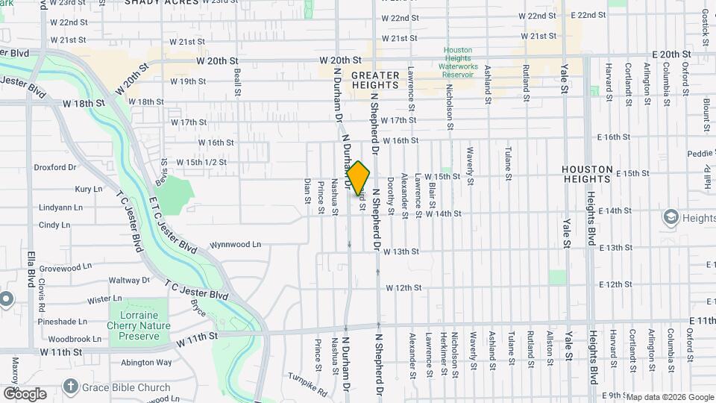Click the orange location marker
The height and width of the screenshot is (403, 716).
[359, 178]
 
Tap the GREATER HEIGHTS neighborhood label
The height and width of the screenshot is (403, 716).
[375, 81]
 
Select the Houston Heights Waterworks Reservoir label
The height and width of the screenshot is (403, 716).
[458, 63]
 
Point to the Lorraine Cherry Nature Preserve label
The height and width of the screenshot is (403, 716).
[139, 325]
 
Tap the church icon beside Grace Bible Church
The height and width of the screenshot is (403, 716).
[70, 387]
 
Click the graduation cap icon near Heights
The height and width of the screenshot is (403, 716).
[671, 217]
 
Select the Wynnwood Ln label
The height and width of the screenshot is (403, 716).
[235, 244]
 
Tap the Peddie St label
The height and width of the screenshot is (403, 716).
[700, 154]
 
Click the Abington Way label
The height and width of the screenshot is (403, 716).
[146, 363]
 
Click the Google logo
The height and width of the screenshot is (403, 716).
[25, 393]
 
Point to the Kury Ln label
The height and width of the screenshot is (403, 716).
[89, 190]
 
